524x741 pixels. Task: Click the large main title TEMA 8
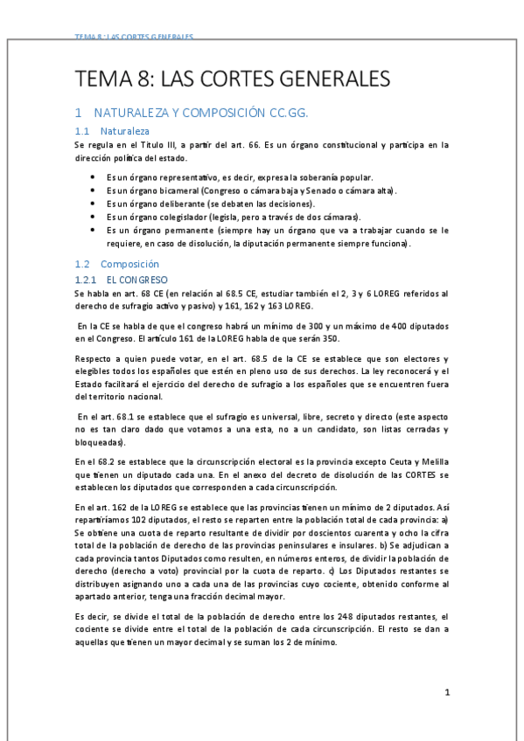point(233,80)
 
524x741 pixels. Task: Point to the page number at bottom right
point(446,693)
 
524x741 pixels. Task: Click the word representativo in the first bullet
point(187,177)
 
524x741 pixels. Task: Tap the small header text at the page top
point(134,38)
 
